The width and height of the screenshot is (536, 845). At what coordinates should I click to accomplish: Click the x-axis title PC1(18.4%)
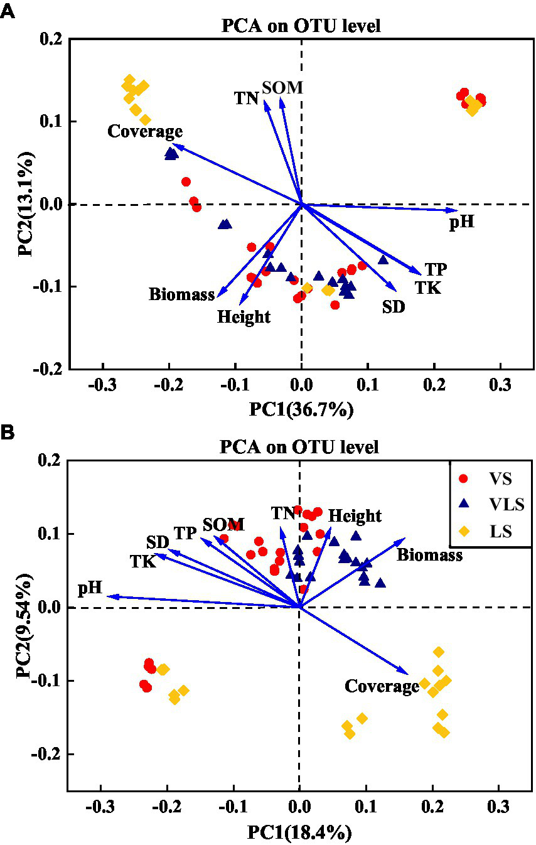(300, 832)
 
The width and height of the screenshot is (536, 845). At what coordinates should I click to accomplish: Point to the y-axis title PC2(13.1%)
(24, 204)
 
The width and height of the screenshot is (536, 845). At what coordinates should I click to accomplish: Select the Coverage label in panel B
(382, 686)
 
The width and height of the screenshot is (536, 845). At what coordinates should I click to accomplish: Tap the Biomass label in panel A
(182, 294)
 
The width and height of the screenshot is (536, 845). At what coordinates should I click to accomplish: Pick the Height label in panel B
(355, 515)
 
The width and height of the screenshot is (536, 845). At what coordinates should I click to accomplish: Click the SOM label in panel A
(282, 87)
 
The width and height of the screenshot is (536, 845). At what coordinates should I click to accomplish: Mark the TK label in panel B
(143, 561)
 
